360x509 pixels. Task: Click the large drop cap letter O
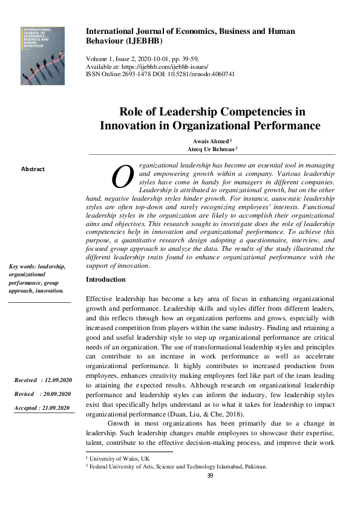(x=122, y=177)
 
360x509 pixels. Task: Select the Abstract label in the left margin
(x=33, y=169)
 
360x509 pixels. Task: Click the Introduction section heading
(x=106, y=280)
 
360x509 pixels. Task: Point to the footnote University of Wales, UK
(x=119, y=460)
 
